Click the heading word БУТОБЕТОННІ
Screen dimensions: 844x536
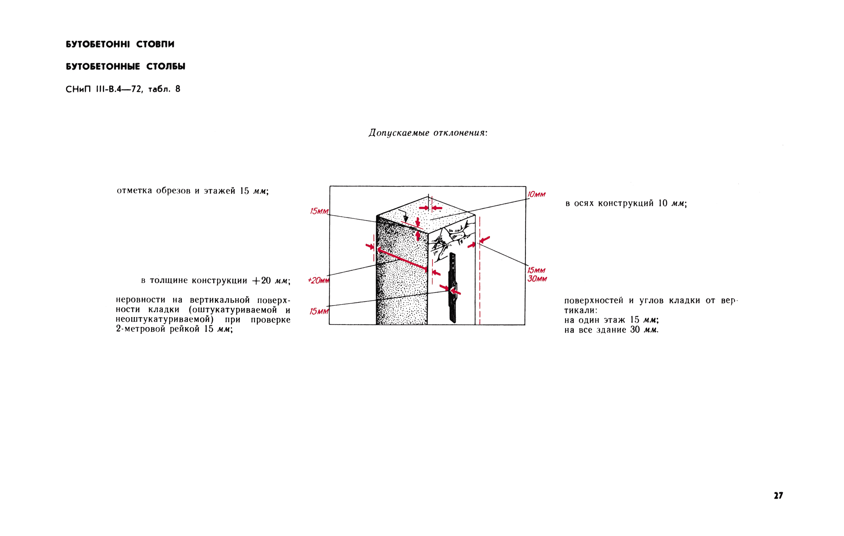98,44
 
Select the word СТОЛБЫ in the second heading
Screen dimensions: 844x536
166,66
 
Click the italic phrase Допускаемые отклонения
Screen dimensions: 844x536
428,133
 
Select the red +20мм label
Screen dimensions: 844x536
318,280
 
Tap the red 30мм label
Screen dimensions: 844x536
537,279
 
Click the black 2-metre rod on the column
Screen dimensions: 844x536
453,288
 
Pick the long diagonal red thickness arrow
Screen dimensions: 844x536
402,260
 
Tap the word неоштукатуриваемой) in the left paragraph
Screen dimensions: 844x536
165,320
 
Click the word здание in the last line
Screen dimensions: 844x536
611,330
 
